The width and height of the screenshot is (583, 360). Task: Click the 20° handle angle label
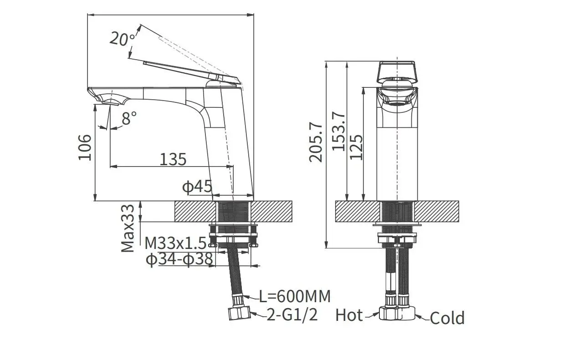[122, 39]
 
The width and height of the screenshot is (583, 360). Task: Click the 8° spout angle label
[129, 119]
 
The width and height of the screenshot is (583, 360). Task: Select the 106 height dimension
[85, 147]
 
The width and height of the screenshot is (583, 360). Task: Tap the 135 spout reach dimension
[173, 159]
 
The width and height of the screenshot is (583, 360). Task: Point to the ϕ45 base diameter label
[197, 186]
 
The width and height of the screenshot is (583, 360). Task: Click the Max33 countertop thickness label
[128, 227]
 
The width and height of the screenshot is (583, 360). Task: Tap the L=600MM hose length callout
[295, 296]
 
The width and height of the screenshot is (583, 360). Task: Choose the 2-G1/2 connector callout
[291, 315]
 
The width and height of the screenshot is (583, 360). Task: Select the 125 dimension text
[357, 147]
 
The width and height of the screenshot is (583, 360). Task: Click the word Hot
[349, 315]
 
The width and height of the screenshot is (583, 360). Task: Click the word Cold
[447, 318]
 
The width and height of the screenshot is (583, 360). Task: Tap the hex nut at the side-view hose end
[239, 313]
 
